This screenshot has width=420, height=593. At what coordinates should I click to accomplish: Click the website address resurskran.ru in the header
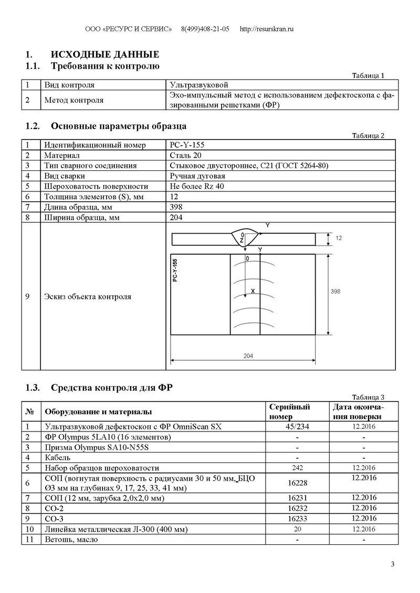point(266,29)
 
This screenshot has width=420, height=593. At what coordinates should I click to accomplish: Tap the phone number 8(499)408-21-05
point(205,29)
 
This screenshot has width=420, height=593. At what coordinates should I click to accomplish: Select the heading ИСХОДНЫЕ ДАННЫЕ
point(104,55)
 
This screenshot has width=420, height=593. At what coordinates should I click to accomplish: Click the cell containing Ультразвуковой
point(199,84)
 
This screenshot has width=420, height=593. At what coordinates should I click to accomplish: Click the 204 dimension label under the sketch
point(248,355)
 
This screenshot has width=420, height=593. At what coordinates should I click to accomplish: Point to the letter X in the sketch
point(253,290)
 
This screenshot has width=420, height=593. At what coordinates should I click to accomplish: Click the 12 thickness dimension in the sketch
point(339,238)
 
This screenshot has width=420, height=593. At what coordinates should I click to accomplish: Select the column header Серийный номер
point(289,412)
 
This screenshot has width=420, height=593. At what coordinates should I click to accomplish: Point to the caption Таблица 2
point(369,135)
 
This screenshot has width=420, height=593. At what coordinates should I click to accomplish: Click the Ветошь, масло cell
point(71,540)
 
